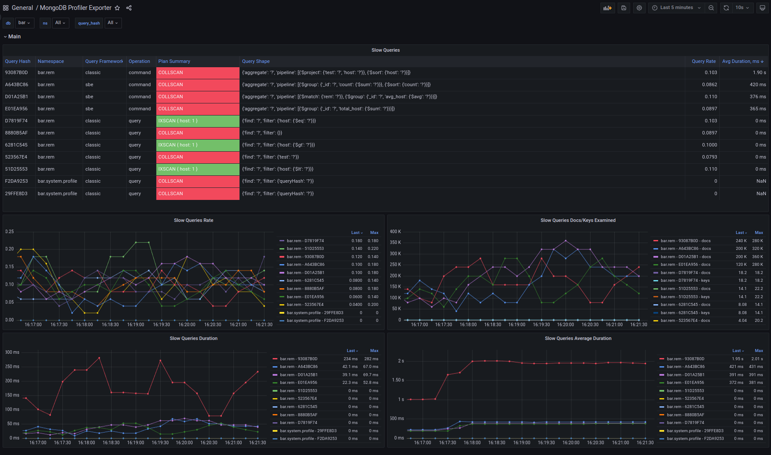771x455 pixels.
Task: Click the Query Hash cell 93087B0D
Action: point(16,72)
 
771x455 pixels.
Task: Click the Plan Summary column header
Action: point(174,61)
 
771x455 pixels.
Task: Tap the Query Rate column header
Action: point(704,61)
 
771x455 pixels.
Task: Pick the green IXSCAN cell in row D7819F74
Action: point(198,121)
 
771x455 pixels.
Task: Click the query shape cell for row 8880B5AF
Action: point(262,133)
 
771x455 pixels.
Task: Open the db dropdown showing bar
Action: point(24,23)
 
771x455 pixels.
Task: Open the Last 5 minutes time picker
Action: point(676,8)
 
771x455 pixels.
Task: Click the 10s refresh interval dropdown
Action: point(742,8)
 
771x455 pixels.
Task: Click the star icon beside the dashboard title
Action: point(117,8)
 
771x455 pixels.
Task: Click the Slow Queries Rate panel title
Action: point(193,220)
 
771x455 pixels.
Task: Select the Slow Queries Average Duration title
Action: point(578,338)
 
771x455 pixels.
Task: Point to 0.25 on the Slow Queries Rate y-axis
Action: point(9,231)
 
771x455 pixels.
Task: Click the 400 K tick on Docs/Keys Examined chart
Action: point(395,231)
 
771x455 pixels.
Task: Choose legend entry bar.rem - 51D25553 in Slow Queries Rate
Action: point(305,249)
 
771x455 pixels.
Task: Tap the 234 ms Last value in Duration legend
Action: point(351,359)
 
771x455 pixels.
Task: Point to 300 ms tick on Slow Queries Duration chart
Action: point(12,352)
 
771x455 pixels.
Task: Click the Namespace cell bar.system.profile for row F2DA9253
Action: point(57,181)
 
